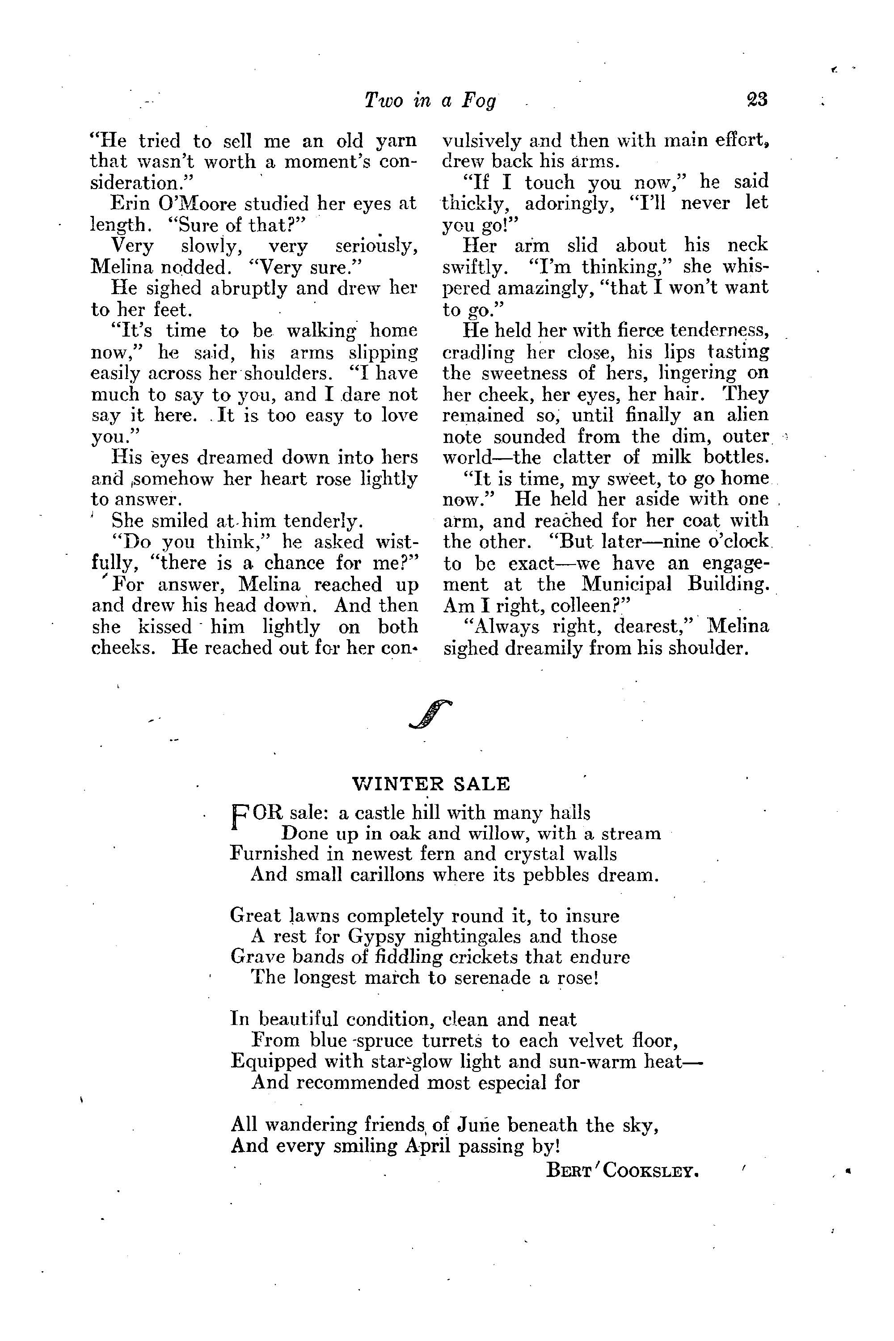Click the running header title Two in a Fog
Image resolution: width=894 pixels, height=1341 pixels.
430,100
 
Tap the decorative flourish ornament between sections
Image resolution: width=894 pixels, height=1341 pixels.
430,713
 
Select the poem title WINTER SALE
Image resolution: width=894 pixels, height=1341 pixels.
430,784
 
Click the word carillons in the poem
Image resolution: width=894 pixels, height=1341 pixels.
358,875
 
